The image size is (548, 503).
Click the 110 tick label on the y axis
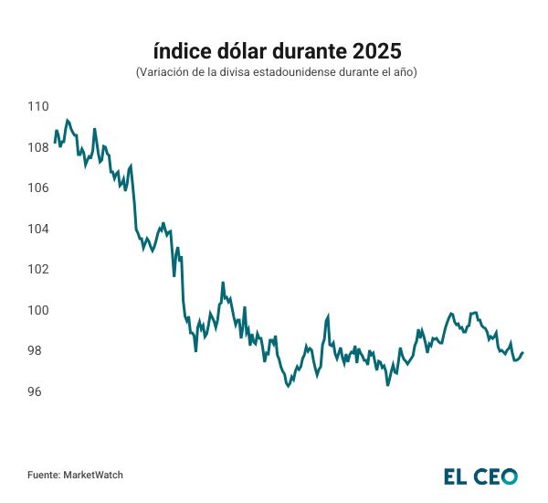[37, 106]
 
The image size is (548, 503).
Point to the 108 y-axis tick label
[37, 147]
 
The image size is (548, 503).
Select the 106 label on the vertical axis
[37, 188]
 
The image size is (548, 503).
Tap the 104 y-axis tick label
[37, 229]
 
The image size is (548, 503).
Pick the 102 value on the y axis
[37, 270]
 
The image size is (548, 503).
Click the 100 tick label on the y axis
[37, 311]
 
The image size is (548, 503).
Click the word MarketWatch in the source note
[93, 475]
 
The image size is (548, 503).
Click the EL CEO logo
[480, 476]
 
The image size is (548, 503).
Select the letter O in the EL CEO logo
[509, 476]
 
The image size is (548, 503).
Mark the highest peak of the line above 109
[67, 120]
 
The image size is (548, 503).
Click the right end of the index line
[522, 353]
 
